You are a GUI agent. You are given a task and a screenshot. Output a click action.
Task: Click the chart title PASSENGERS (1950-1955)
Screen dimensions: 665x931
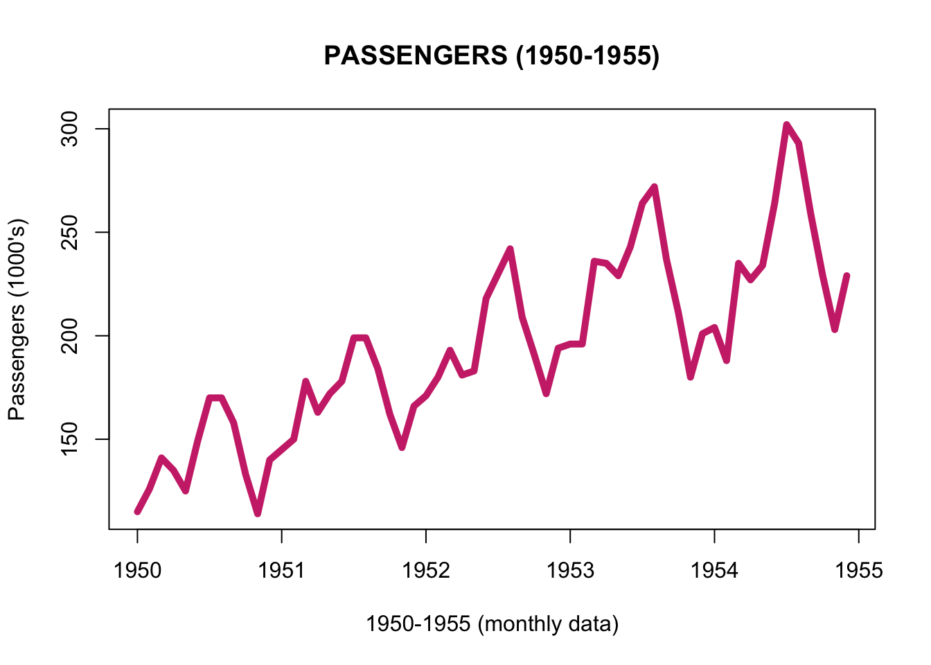[x=491, y=55]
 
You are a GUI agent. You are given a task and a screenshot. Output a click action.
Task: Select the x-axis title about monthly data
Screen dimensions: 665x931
[x=492, y=624]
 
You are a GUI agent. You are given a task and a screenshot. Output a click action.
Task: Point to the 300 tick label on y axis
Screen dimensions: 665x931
[x=70, y=129]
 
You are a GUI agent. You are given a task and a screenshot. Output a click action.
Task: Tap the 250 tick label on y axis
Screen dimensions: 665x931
[x=70, y=232]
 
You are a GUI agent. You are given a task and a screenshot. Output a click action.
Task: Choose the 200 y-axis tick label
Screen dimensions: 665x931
[x=70, y=336]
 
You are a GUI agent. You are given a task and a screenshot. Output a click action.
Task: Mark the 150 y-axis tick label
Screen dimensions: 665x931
[x=70, y=439]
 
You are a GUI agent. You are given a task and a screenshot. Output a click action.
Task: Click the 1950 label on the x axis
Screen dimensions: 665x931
[x=137, y=570]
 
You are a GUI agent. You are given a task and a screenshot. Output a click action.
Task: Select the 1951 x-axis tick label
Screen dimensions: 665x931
[x=281, y=570]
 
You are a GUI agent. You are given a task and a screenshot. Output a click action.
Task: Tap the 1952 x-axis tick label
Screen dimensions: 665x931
[x=426, y=570]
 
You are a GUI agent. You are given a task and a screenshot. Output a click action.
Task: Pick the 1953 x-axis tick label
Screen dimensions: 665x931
[x=570, y=570]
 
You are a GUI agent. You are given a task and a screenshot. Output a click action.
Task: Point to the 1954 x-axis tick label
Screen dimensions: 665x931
[x=714, y=570]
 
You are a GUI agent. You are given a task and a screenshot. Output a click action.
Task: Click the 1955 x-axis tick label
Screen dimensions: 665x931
[x=859, y=570]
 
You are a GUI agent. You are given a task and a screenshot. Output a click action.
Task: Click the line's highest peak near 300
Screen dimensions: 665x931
[x=787, y=125]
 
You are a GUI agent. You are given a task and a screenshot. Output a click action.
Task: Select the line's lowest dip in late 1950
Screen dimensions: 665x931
[x=258, y=514]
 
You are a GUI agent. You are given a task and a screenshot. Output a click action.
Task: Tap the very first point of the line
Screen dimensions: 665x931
[x=137, y=512]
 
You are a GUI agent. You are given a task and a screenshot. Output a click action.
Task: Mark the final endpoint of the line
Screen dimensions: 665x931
[x=846, y=276]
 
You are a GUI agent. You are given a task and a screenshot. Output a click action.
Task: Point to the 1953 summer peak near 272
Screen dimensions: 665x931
[x=655, y=187]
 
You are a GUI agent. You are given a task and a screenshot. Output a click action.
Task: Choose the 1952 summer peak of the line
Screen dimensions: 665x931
[x=510, y=249]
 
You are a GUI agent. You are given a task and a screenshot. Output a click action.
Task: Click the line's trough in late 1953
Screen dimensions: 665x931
[x=691, y=378]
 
